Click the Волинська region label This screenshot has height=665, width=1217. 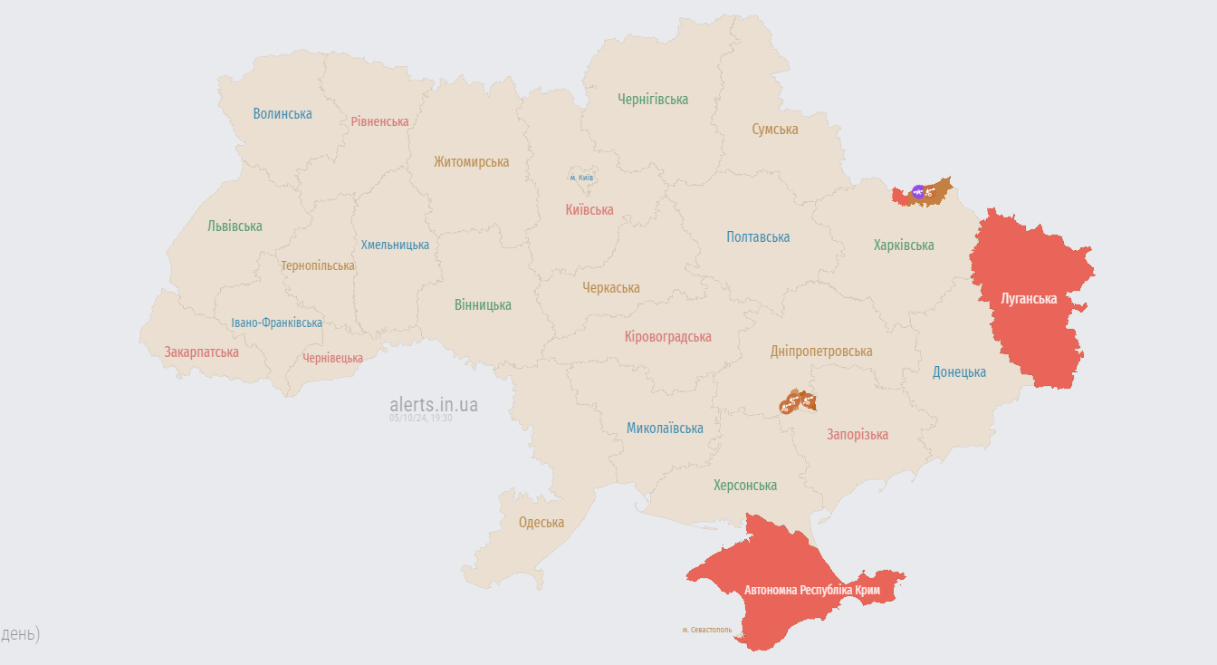coord(283,114)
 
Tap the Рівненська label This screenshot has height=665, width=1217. coord(379,121)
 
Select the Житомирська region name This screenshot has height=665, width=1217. coord(471,162)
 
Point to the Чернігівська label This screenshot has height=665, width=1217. coord(653,100)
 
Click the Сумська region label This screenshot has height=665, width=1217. coord(775,130)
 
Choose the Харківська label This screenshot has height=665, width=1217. coord(904,246)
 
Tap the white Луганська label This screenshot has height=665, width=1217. coord(1028,299)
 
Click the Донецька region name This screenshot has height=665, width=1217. coord(959,372)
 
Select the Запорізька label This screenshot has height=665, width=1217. coord(857,435)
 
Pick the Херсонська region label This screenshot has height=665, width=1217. coord(744,486)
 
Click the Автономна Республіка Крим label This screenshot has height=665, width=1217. coord(819,591)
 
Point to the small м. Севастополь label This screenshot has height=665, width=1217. coord(706,630)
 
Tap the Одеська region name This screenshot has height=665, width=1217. coord(541,523)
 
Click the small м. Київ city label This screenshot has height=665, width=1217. coord(581,178)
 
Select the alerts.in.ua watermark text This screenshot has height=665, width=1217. coord(434,405)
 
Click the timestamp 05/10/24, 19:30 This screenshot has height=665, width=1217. coord(421,419)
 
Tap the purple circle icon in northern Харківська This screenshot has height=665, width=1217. coord(918,192)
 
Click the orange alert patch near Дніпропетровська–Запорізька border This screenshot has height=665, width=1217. coord(798,401)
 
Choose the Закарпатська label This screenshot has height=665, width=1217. coord(201,352)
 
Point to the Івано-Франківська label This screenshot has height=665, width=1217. coord(276,323)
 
